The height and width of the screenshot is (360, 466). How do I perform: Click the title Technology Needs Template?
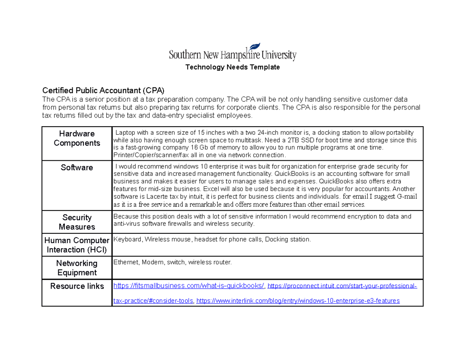click(233, 67)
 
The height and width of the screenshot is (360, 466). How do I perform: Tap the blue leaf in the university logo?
click(256, 47)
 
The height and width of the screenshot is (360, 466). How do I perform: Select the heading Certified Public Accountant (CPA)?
click(103, 91)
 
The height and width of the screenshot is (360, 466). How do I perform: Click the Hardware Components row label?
click(77, 138)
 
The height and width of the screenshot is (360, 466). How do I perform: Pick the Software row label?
click(77, 168)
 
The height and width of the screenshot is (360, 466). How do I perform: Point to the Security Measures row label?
click(77, 222)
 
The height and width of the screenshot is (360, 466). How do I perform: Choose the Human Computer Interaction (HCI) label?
click(77, 245)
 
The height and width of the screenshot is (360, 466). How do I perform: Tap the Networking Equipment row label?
click(77, 268)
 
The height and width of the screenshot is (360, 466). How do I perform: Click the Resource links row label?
click(77, 286)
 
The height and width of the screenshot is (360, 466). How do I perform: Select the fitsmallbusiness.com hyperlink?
click(189, 286)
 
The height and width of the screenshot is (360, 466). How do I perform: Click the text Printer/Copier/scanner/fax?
click(147, 155)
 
